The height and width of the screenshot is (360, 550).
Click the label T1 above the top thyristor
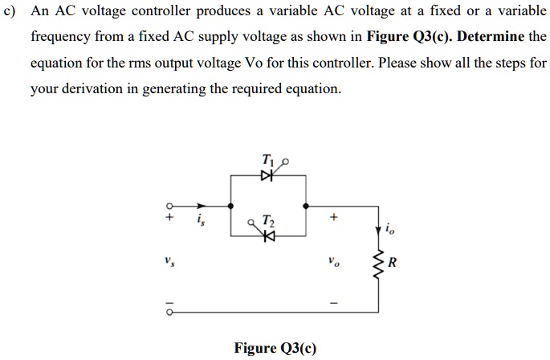click(267, 158)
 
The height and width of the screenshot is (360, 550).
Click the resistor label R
click(392, 262)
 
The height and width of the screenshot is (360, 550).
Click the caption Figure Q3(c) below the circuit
click(275, 348)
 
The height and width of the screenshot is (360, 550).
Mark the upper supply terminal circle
click(170, 205)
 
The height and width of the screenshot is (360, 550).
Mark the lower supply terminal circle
click(170, 310)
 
